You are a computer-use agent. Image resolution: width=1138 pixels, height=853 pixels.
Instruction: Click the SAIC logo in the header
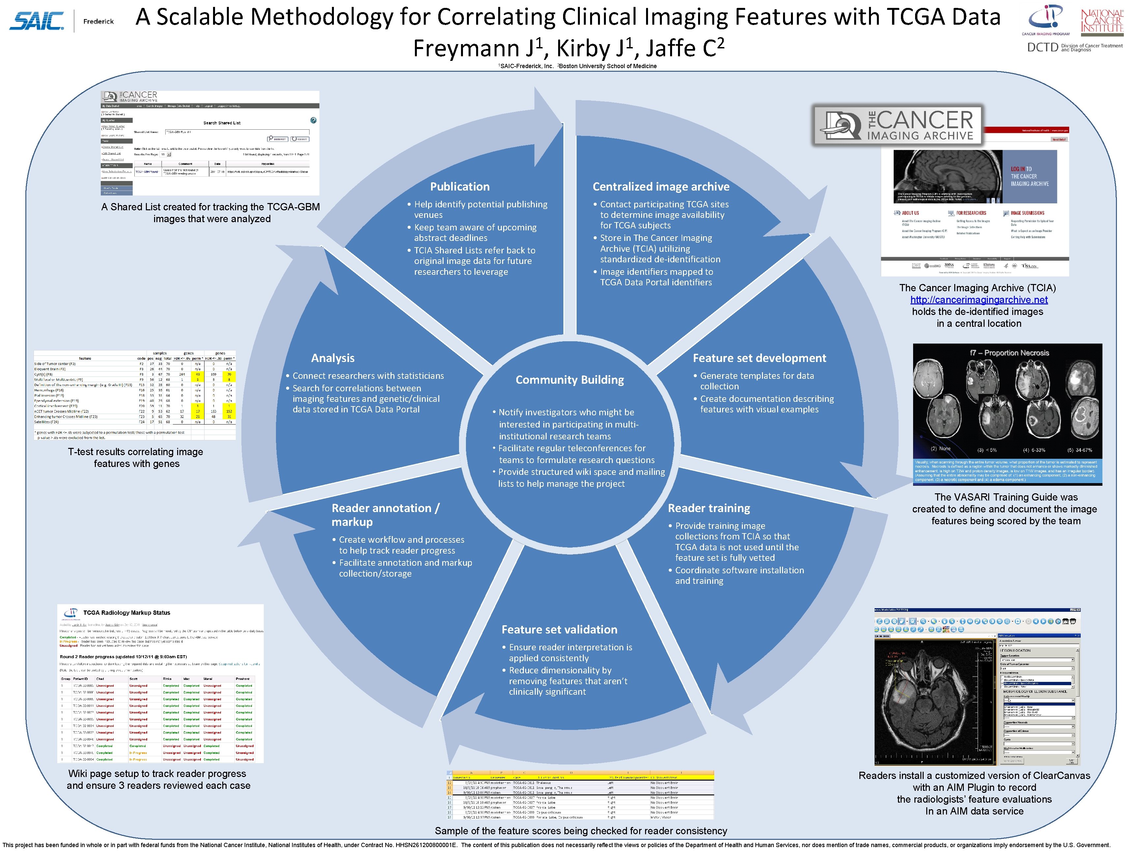coord(37,21)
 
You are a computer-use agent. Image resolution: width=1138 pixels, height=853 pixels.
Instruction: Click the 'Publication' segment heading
coord(459,187)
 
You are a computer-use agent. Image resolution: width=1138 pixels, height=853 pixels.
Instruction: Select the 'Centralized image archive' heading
coord(661,187)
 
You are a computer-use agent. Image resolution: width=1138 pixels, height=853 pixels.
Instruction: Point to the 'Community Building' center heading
coord(570,380)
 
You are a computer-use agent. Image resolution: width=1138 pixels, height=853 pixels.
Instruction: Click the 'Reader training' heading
coord(708,508)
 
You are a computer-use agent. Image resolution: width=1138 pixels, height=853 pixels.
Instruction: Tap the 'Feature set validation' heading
coord(559,629)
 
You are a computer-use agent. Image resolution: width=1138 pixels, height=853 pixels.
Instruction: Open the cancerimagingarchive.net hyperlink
coord(979,300)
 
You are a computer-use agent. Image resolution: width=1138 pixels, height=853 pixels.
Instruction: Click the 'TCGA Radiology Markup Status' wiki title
coord(126,612)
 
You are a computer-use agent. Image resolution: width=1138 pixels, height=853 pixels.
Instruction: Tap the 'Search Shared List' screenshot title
coord(222,123)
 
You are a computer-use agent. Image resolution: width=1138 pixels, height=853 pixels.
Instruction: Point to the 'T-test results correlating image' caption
coord(135,452)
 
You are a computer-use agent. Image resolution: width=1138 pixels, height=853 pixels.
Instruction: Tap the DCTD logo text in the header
coord(1042,47)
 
